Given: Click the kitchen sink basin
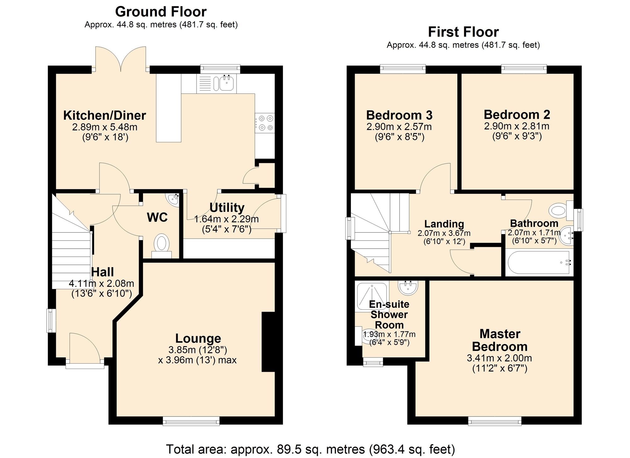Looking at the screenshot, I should [226, 83].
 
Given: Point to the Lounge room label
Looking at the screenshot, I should [198, 338].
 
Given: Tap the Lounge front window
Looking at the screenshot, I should [191, 421].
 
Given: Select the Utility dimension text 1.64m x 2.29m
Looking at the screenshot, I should [226, 219].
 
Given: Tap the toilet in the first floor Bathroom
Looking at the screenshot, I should [558, 210].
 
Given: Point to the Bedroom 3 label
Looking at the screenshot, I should [399, 115].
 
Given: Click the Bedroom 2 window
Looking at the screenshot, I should [524, 68].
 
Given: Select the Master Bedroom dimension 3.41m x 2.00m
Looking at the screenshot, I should [499, 358].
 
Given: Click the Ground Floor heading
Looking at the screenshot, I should [161, 12].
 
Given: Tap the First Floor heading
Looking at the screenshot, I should [463, 32].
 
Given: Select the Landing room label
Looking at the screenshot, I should [444, 224].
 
